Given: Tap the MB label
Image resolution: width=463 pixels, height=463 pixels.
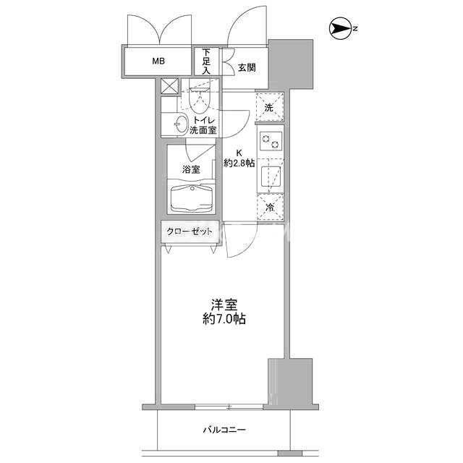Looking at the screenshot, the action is [158, 61].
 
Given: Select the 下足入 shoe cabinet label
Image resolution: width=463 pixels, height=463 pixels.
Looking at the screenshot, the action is [206, 61].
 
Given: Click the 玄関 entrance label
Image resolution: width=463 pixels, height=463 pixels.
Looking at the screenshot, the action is [247, 67].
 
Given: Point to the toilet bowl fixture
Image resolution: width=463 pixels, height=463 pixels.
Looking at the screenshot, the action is [200, 99].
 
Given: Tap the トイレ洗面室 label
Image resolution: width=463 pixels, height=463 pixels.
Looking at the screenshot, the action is [203, 125].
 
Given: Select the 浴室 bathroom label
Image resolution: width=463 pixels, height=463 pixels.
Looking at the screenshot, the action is [191, 169].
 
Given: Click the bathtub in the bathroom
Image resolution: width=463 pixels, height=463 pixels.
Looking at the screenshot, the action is [192, 197].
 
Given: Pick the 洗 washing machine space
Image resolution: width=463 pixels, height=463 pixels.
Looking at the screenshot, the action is [270, 108].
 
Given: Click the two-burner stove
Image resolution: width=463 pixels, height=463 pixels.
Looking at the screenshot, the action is [271, 141].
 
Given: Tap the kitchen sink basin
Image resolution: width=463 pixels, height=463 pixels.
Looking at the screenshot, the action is [271, 176].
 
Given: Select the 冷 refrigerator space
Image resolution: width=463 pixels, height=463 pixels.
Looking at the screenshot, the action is [270, 207].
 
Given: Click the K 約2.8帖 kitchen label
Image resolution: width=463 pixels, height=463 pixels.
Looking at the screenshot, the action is [239, 158].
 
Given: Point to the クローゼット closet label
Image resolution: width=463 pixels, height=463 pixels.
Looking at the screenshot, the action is [190, 231].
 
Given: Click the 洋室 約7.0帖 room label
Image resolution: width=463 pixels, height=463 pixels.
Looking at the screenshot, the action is [224, 312].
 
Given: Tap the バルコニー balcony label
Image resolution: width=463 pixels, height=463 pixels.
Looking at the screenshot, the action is [224, 430].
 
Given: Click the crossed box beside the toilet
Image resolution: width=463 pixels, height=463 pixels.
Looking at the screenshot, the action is [170, 87].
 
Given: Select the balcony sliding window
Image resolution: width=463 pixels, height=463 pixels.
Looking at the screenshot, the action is [229, 407].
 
